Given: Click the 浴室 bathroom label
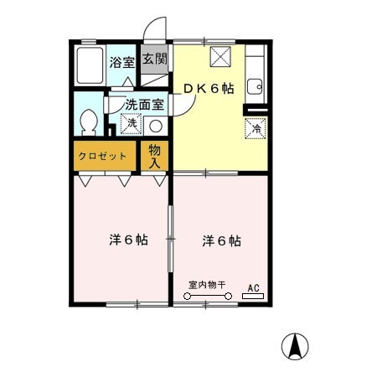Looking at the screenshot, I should [121, 61].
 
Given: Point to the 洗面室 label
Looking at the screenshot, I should [143, 106].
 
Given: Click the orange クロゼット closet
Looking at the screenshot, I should [103, 156].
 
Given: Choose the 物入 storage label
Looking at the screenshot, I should [155, 156].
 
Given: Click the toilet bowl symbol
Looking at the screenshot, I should [86, 124].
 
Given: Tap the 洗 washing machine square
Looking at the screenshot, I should [130, 124].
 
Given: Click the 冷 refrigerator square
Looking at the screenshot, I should [255, 129].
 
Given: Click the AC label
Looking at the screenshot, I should [253, 288].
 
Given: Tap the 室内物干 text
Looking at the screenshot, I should [207, 286].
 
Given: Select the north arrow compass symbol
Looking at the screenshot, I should [294, 344].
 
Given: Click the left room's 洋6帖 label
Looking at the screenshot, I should [129, 240].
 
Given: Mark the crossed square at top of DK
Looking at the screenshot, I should [220, 57].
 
